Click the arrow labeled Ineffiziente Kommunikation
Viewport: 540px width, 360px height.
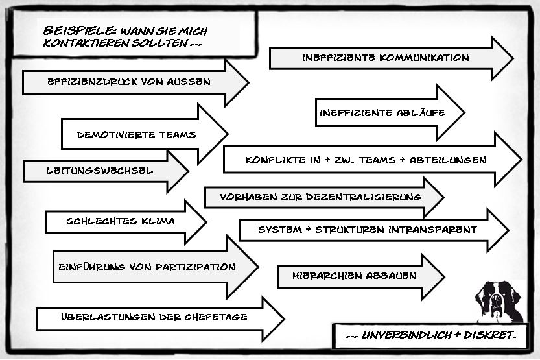(x=385, y=58)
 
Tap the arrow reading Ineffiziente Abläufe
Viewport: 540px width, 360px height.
(x=382, y=112)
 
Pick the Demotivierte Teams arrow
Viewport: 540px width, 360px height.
(x=136, y=135)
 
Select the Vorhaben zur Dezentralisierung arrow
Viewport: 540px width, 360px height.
(x=320, y=197)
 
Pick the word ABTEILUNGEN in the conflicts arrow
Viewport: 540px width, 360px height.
(x=453, y=160)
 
